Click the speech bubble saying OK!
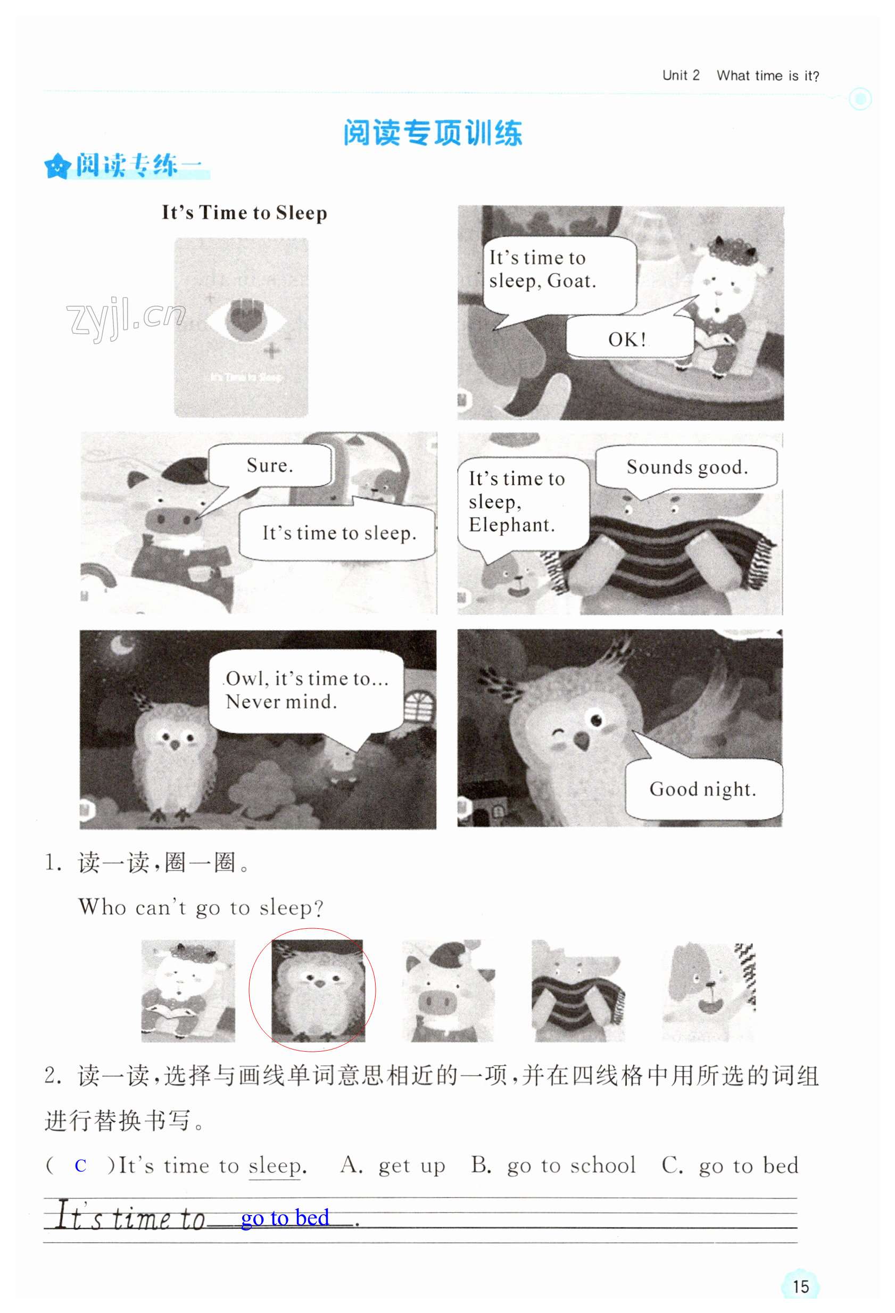629,337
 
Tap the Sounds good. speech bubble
686,467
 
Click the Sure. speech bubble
270,465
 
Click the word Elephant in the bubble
511,525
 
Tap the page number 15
800,1286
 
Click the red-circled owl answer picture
318,990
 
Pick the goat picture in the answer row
188,990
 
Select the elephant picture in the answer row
578,990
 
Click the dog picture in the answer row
709,990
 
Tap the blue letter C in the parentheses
81,1166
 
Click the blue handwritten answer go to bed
285,1218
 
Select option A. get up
393,1166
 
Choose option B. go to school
553,1165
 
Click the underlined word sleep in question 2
275,1166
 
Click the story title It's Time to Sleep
244,212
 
